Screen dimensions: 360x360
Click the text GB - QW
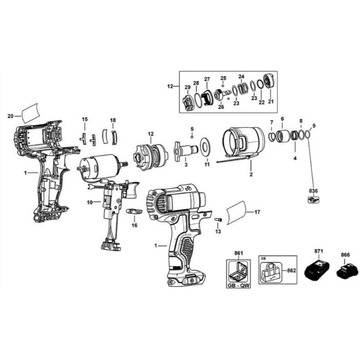click(x=238, y=286)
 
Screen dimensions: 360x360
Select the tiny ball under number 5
click(x=192, y=137)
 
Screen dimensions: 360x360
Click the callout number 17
click(x=257, y=212)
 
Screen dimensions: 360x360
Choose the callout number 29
click(x=187, y=87)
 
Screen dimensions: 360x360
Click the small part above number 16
click(x=134, y=211)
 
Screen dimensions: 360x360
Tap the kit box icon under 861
click(x=238, y=271)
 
